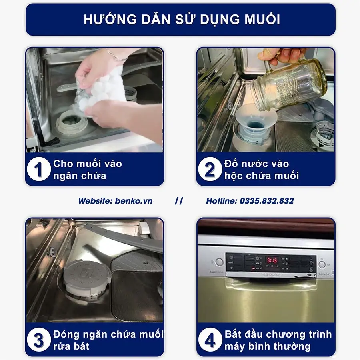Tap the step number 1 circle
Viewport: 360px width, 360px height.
pos(38,170)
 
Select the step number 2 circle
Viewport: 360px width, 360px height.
pos(210,170)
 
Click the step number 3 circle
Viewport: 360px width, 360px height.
pos(38,340)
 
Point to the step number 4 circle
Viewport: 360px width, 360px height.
pos(210,340)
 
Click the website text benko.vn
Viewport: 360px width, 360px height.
pos(134,201)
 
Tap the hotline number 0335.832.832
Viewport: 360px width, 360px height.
pos(266,201)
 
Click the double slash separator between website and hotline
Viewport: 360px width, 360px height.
pos(179,201)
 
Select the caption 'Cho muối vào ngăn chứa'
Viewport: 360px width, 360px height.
pos(87,170)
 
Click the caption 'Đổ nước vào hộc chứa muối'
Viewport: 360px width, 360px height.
pos(262,170)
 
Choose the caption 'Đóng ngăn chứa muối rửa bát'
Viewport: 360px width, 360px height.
pos(108,340)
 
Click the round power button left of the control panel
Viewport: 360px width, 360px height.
pos(219,262)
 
